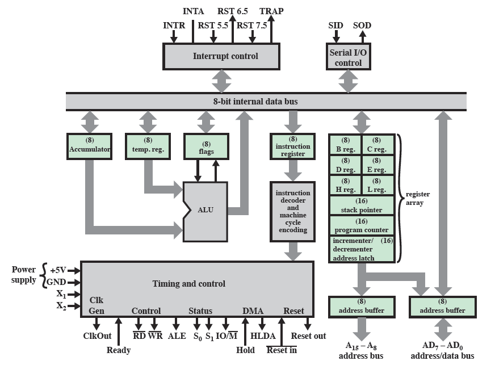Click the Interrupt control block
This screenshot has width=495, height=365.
221,56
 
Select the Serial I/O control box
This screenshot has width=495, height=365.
348,57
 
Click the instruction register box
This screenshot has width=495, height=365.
293,146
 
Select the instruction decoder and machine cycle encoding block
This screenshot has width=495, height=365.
293,211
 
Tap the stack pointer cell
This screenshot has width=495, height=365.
362,205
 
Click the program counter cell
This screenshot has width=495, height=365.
362,225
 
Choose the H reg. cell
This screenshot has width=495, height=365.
346,185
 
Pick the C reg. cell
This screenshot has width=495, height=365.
377,145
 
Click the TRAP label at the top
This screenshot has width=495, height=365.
271,11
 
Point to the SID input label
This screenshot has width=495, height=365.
335,26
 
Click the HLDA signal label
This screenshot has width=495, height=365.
263,335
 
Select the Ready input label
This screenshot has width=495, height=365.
118,350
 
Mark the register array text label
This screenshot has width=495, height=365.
418,198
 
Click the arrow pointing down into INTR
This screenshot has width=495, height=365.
174,36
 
